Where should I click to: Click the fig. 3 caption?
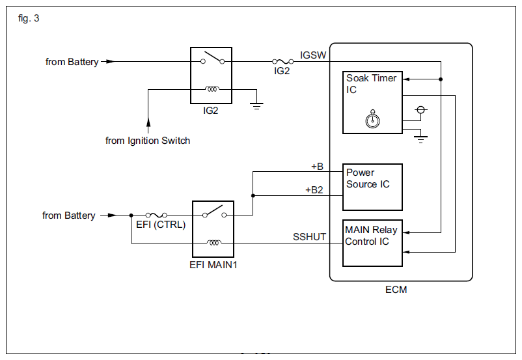[x=29, y=18]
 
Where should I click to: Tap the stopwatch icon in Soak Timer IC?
[x=372, y=119]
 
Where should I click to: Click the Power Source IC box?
[x=372, y=186]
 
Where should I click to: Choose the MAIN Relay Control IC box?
[x=372, y=243]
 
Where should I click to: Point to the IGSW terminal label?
[x=313, y=55]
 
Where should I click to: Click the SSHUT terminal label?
[x=310, y=237]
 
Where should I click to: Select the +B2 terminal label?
[x=314, y=190]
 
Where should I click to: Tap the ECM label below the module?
[x=396, y=289]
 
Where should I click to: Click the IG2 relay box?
[x=211, y=75]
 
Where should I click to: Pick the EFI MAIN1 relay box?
[x=213, y=228]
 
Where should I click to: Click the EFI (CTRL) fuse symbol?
[x=156, y=214]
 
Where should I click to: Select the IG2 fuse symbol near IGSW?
[x=281, y=62]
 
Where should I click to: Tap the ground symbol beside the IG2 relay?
[x=257, y=104]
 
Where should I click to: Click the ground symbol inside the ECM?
[x=421, y=137]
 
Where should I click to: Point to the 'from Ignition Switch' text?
[x=148, y=141]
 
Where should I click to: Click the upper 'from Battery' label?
[x=72, y=62]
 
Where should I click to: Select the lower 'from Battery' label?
[x=69, y=215]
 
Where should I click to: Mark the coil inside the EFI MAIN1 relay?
[x=213, y=243]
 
